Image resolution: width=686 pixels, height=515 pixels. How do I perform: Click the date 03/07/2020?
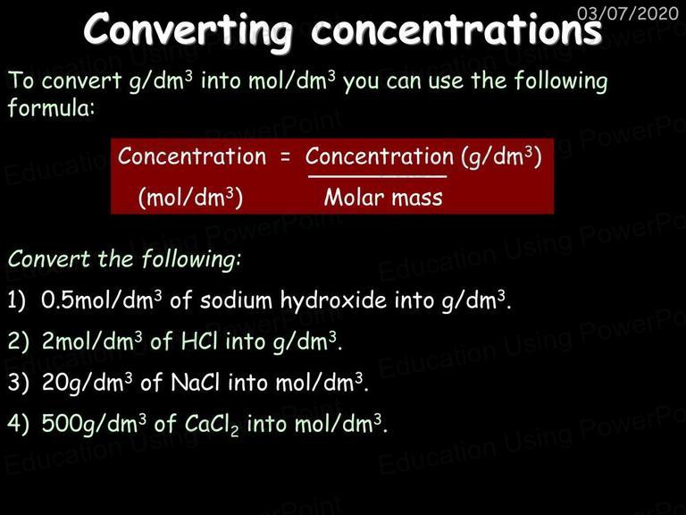pos(627,13)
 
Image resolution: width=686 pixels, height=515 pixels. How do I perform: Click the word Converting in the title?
pos(188,30)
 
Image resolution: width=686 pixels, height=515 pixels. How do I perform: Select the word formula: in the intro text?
pos(51,107)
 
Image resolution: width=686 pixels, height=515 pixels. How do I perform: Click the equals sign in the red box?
pos(285,157)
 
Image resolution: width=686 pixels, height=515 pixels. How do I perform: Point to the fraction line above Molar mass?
pos(378,176)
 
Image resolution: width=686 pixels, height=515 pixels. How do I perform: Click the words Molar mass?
pos(383,198)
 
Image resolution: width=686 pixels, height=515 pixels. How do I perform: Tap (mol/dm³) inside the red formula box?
pos(190,198)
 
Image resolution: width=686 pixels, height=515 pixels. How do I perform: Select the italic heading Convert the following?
pos(124,259)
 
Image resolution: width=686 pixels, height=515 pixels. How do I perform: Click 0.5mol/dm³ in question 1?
pos(102,300)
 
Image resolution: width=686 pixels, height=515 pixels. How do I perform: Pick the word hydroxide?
pos(333,300)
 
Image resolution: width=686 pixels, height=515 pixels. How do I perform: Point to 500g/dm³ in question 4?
pos(94,424)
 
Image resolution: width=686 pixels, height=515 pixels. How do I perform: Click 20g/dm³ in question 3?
pos(87,383)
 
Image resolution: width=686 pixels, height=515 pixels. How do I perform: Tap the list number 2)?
pos(19,342)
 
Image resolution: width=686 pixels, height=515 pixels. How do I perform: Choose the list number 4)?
pos(19,424)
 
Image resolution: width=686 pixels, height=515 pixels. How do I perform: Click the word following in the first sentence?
pos(561,81)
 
